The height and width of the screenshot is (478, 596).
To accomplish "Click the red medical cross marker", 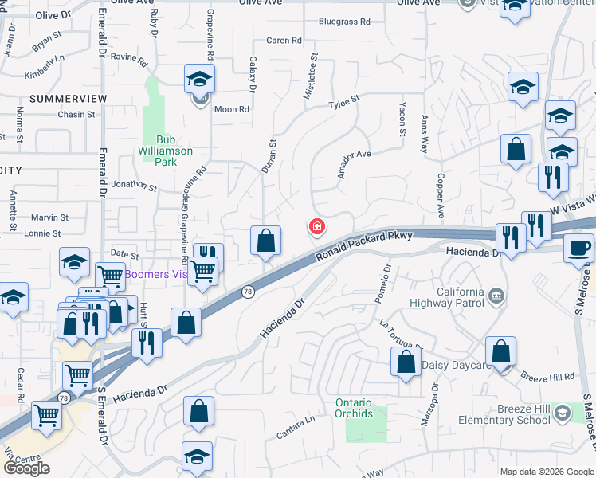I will (317, 228).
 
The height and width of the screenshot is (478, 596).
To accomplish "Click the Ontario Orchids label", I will (354, 408).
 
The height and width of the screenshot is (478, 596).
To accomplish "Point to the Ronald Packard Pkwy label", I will (363, 246).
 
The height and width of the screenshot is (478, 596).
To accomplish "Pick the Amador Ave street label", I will (355, 164).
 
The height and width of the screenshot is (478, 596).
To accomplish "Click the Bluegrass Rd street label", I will (344, 22).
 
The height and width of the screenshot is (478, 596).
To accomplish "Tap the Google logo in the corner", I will (26, 468).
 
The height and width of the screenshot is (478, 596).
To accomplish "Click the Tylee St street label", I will (344, 103).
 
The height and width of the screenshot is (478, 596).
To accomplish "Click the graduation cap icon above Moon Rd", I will (199, 79).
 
